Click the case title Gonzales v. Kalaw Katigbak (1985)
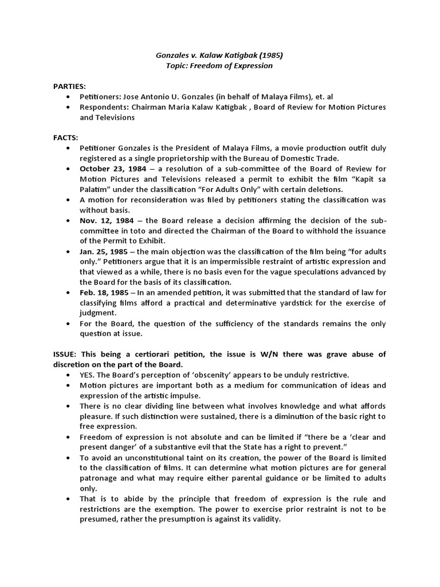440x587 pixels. point(219,55)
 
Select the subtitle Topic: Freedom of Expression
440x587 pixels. point(219,66)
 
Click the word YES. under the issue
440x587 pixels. point(89,374)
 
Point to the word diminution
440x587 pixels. point(293,416)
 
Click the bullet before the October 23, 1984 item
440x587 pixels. point(69,169)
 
